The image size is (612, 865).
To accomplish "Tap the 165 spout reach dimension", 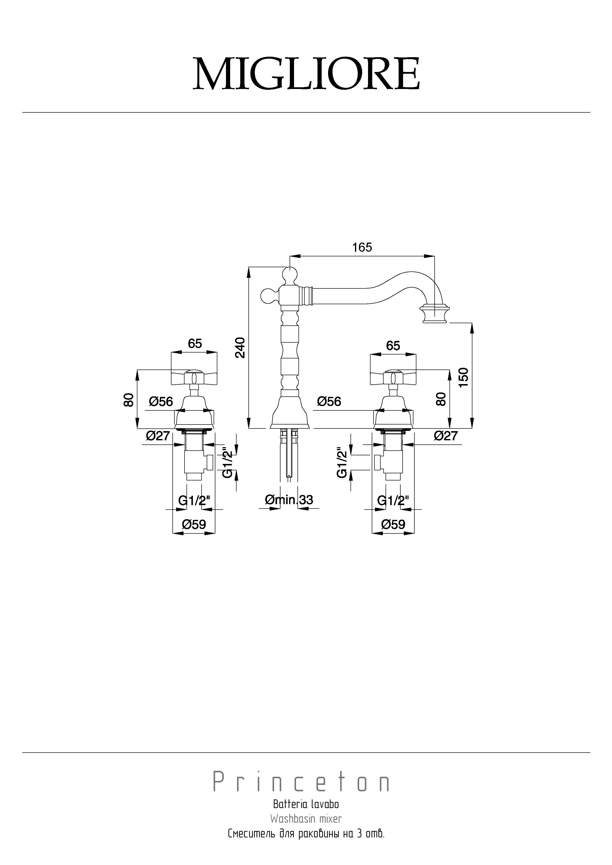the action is click(362, 247).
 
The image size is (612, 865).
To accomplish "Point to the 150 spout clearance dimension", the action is click(464, 377).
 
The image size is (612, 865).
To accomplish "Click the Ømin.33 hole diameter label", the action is click(289, 500).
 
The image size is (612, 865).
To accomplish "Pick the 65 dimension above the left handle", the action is click(195, 344).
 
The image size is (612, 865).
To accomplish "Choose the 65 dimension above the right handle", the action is click(393, 345).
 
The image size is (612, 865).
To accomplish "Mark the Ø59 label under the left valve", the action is click(194, 524).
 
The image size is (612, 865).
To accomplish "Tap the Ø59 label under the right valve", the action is click(393, 524).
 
